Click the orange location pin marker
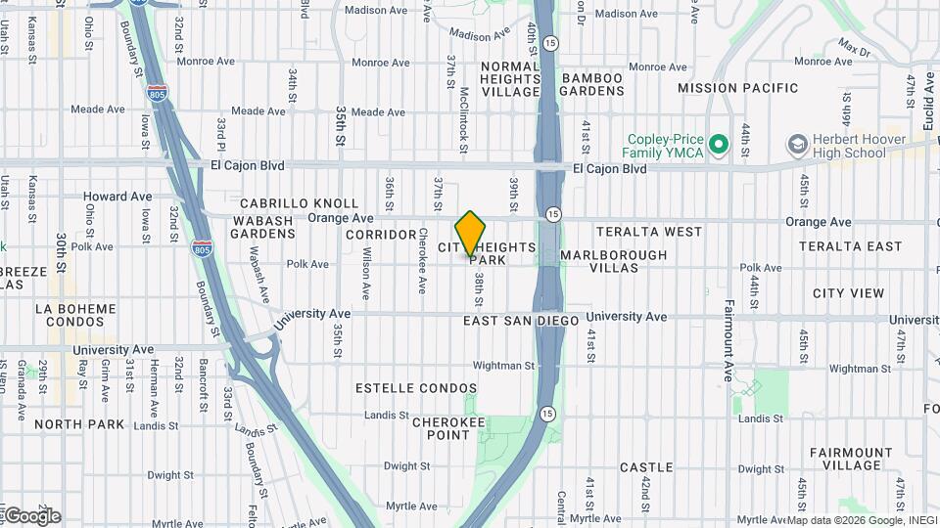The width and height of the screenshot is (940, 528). (x=471, y=233)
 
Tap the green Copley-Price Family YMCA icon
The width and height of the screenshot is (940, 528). (x=720, y=147)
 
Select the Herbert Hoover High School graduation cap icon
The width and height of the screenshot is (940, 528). (x=798, y=147)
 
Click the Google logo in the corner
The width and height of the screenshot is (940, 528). (x=31, y=515)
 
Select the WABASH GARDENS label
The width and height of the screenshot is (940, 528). (x=262, y=228)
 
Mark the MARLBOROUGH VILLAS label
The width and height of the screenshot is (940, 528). (x=614, y=261)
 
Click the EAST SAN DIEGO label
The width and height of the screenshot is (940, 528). (x=520, y=321)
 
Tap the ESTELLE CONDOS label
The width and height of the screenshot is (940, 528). (x=409, y=388)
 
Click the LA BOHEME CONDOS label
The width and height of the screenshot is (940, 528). (x=70, y=315)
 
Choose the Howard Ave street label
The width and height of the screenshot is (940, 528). (x=117, y=197)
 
